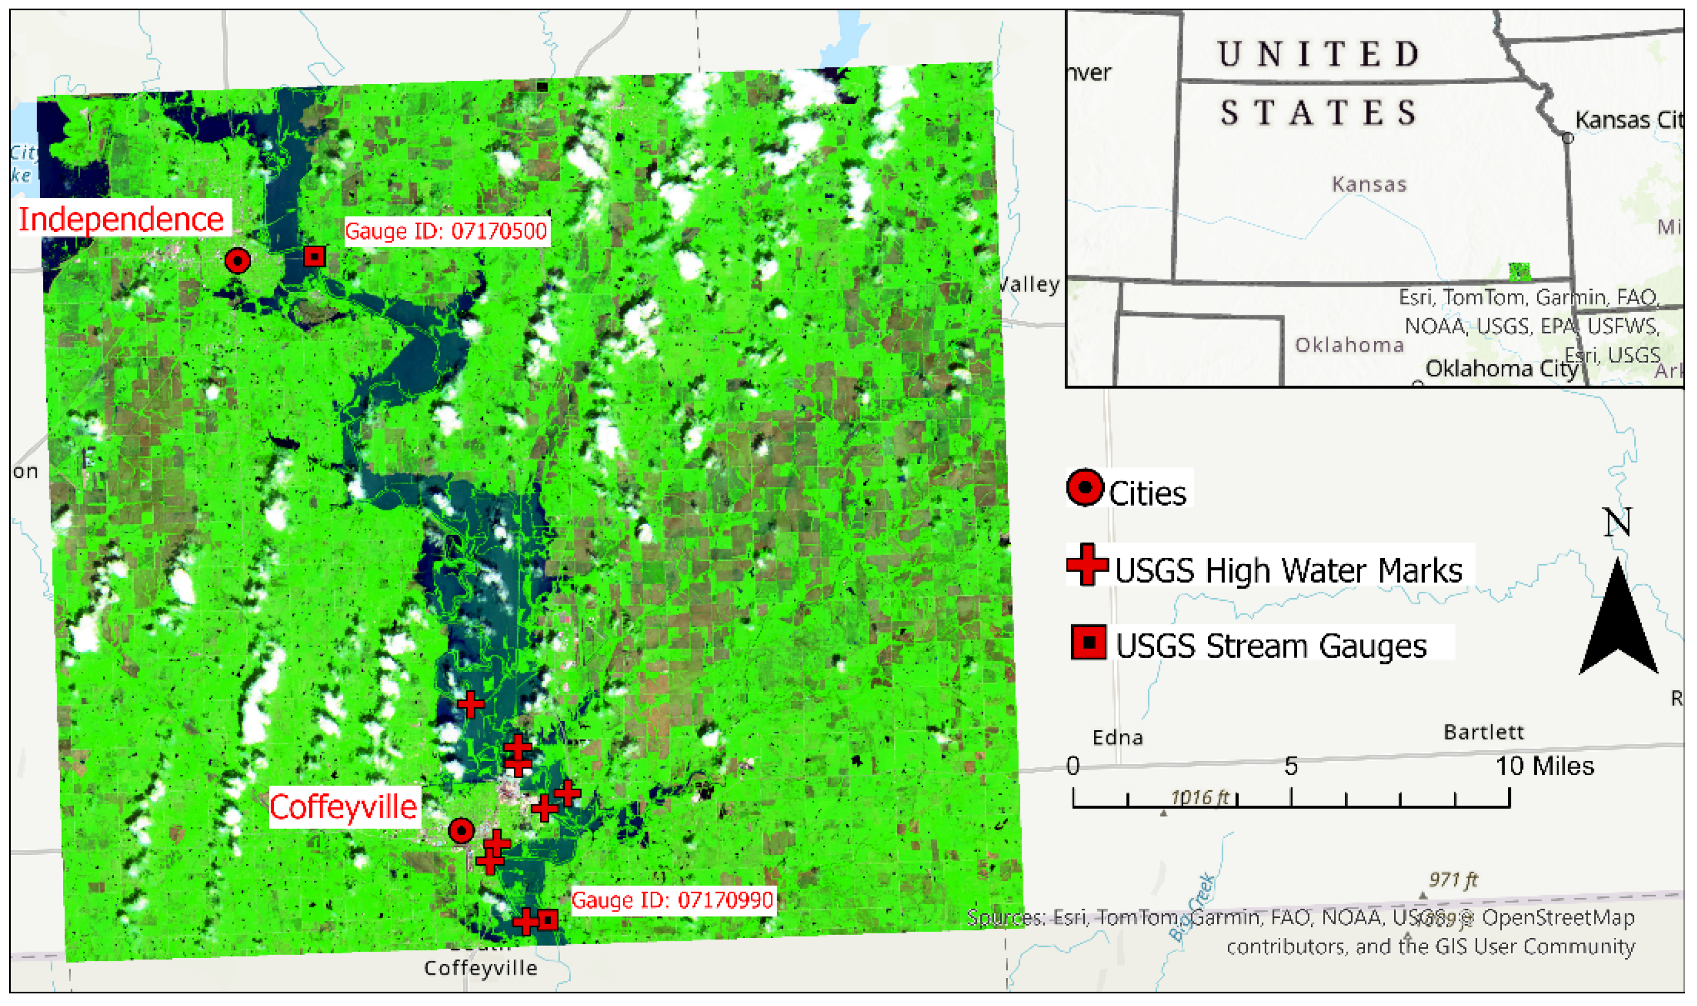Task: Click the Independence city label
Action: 121,219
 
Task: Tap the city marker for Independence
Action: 237,260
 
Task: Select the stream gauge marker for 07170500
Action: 314,256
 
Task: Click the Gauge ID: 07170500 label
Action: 446,231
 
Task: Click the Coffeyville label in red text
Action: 342,807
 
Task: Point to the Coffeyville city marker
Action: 461,830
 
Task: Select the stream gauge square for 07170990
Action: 548,920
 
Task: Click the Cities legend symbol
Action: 1085,487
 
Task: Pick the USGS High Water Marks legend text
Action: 1288,570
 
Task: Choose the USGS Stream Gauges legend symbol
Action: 1089,643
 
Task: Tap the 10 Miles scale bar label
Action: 1545,766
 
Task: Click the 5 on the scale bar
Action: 1291,766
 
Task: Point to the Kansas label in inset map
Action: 1369,184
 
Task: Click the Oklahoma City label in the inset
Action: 1501,369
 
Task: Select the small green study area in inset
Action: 1519,271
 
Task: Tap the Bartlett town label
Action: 1483,732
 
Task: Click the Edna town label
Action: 1117,738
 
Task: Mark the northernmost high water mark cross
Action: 471,705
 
